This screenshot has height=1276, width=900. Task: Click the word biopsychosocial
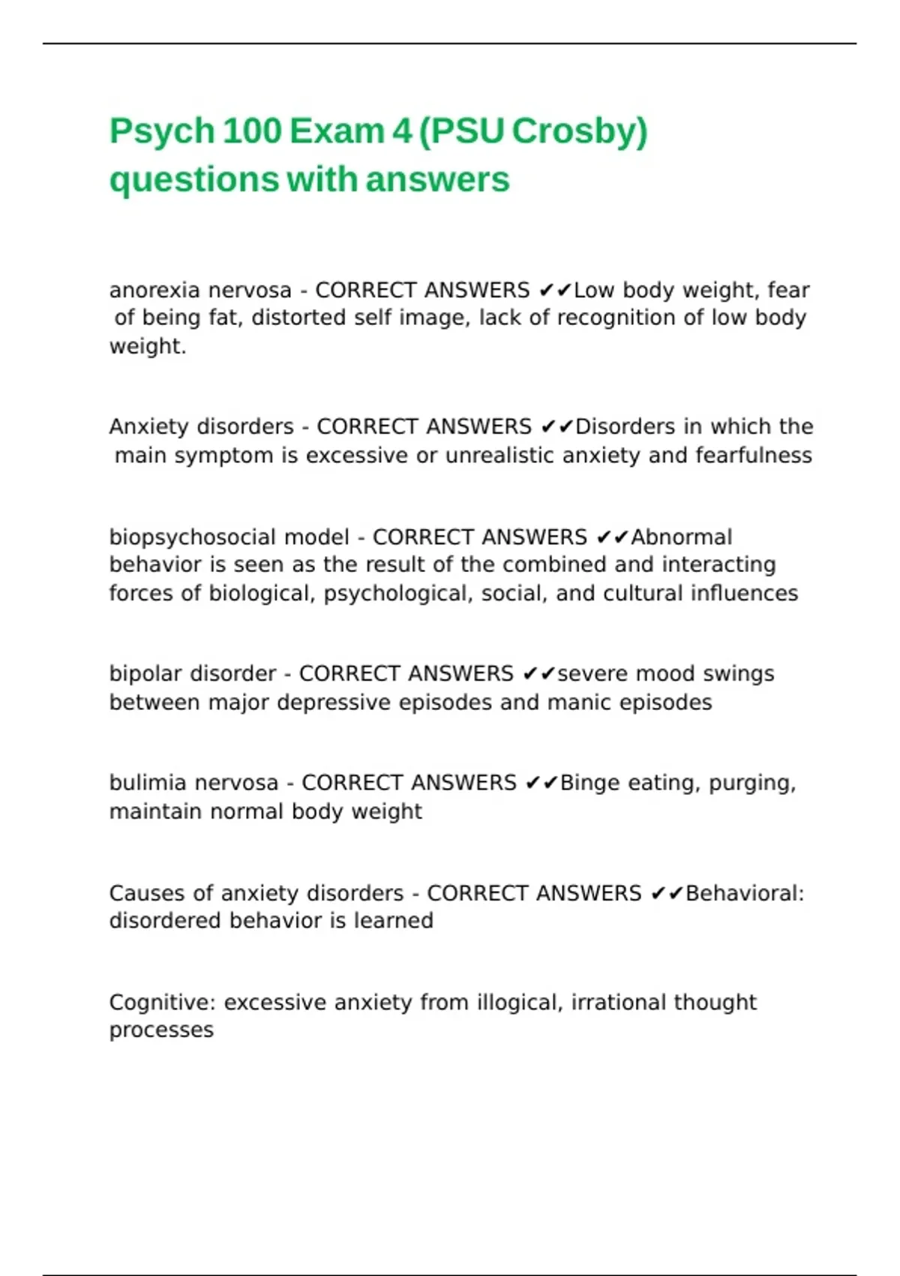tap(192, 537)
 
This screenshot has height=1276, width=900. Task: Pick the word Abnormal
tap(681, 537)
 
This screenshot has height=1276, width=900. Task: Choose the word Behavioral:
tap(744, 893)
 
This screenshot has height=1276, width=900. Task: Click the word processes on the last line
tap(161, 1031)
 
